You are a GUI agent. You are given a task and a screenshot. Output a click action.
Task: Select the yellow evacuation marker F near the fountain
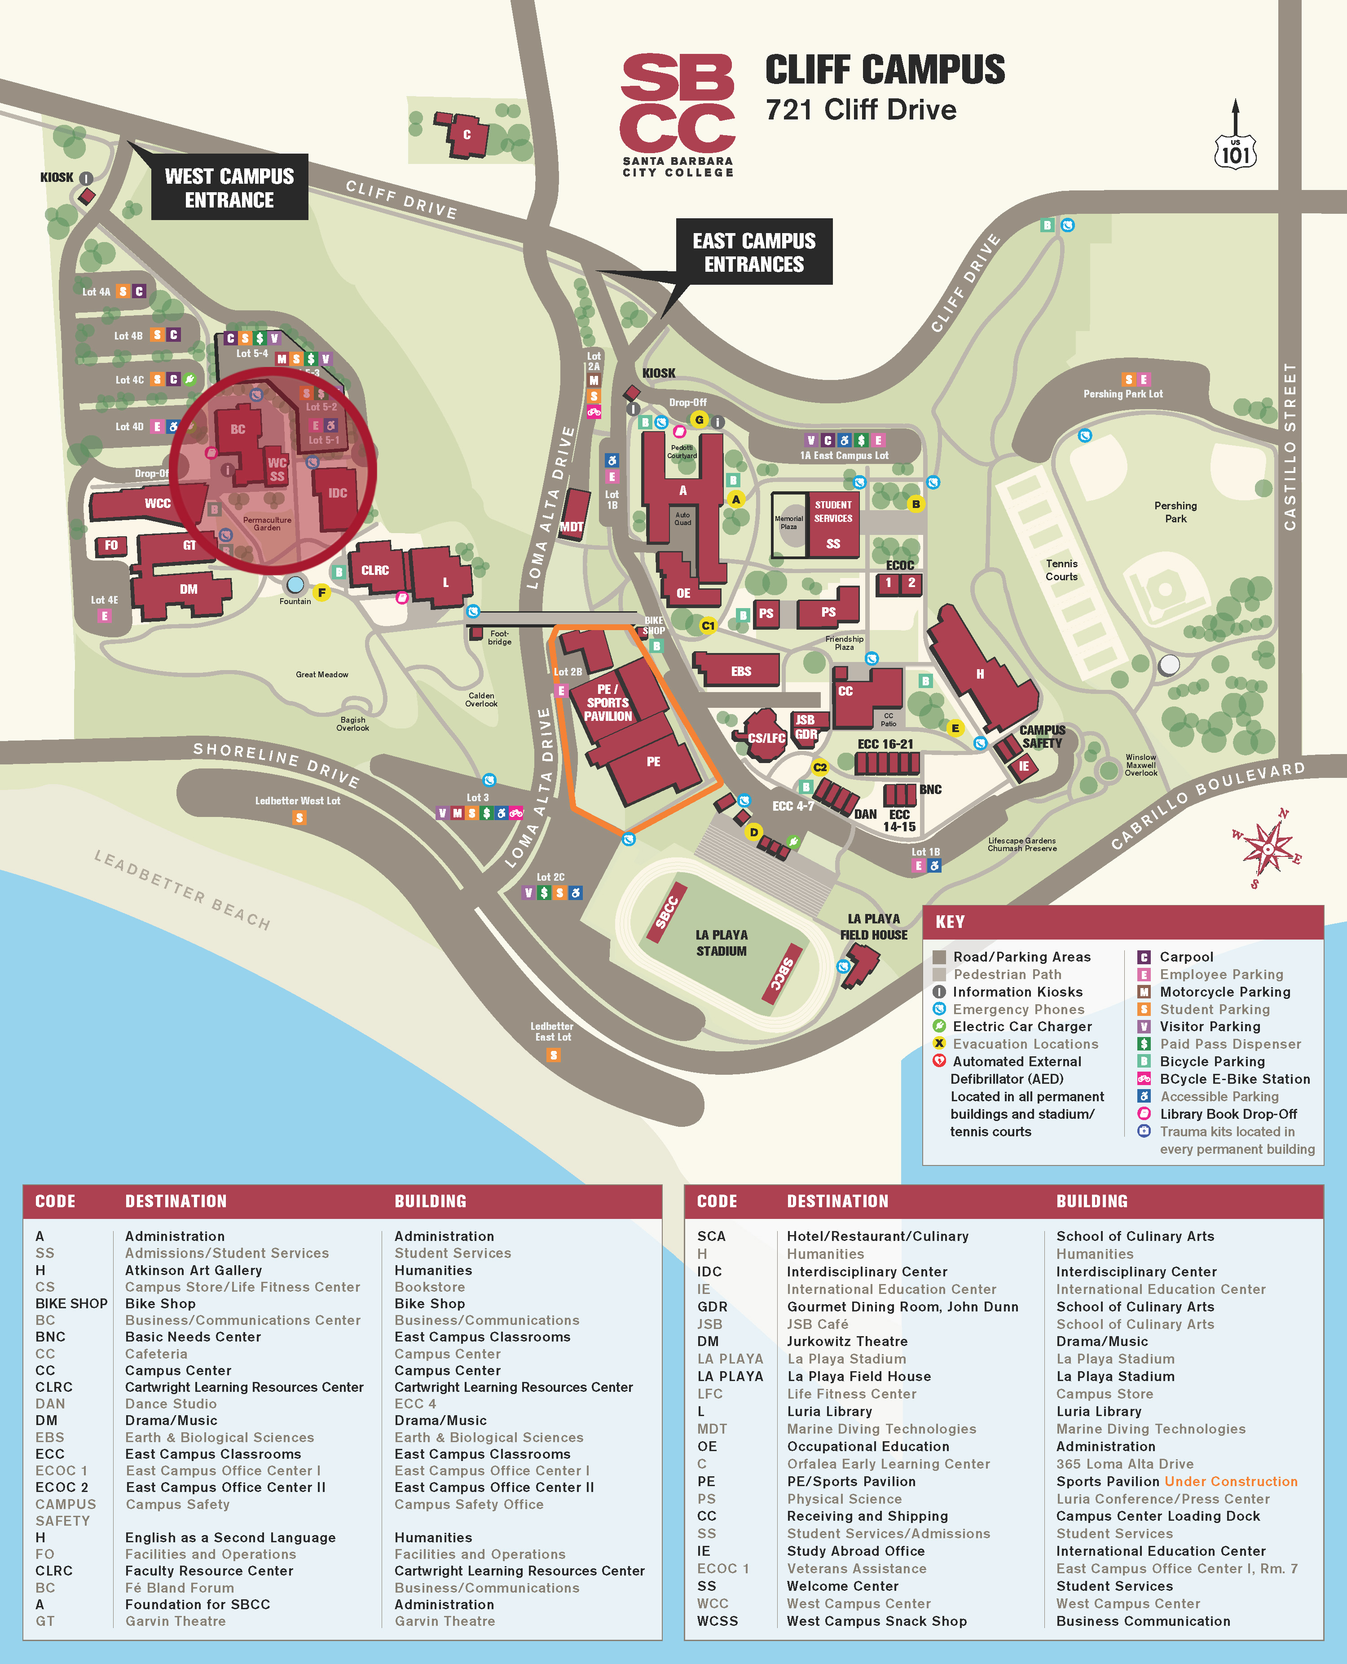coord(321,592)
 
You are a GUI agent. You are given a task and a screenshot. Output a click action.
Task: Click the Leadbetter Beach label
coord(182,889)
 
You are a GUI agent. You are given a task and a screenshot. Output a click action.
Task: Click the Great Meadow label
coord(322,675)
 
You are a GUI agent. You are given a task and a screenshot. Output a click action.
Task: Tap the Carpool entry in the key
coord(1186,957)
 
